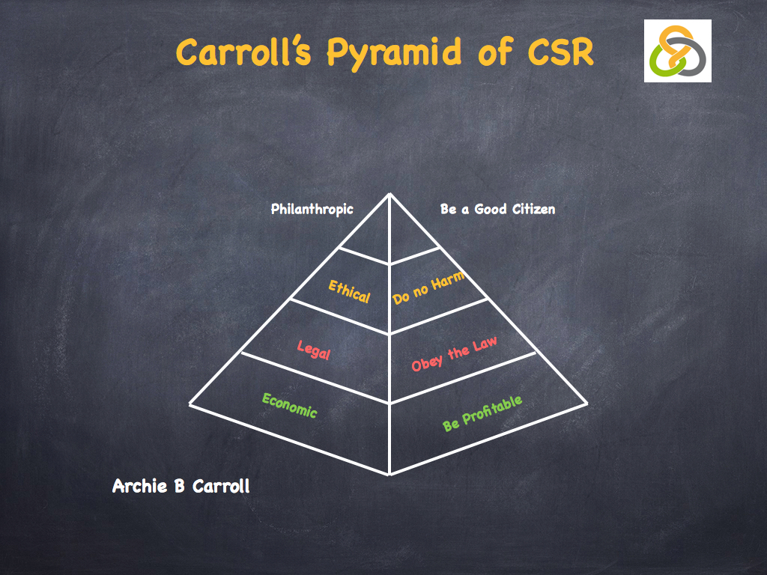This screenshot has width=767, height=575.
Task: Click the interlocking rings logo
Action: [677, 51]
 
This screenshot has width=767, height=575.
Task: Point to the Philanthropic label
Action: [312, 210]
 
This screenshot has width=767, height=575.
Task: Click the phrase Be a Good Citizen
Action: [497, 209]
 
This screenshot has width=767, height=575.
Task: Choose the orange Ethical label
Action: [349, 291]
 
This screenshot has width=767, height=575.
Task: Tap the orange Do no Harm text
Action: [428, 287]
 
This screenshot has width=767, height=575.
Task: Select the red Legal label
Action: [313, 349]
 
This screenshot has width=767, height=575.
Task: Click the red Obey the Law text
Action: [454, 353]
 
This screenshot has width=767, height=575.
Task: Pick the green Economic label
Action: [290, 406]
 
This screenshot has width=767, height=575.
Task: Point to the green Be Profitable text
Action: [482, 413]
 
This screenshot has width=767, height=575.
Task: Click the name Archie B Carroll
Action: [181, 487]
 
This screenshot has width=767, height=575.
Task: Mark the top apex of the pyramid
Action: [389, 194]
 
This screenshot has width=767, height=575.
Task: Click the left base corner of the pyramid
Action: [190, 404]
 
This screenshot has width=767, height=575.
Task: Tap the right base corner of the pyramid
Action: [587, 404]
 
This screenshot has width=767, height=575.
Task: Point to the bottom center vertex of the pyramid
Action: [389, 474]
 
